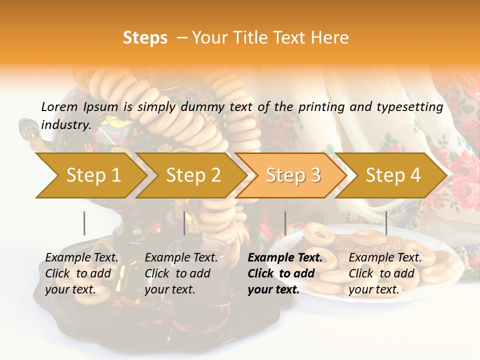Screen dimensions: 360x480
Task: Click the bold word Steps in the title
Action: tap(145, 38)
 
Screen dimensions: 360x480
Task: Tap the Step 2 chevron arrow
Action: tap(193, 175)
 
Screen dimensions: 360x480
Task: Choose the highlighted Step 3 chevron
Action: tap(293, 175)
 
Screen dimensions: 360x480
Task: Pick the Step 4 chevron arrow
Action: tap(393, 175)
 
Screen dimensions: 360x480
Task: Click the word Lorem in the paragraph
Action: tap(59, 107)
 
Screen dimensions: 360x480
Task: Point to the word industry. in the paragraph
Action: tap(66, 125)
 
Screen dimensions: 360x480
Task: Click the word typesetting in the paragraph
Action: tap(413, 107)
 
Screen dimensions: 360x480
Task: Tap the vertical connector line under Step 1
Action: tap(84, 223)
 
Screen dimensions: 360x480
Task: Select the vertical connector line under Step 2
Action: tap(184, 223)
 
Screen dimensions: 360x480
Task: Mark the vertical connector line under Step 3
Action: tap(285, 223)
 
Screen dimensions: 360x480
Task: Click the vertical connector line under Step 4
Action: tap(386, 223)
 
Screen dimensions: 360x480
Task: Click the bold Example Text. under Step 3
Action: tap(285, 258)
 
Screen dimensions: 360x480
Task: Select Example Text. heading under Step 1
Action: tap(82, 258)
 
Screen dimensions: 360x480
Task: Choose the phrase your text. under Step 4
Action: tap(373, 289)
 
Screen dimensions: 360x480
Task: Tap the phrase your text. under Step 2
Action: tap(169, 289)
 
